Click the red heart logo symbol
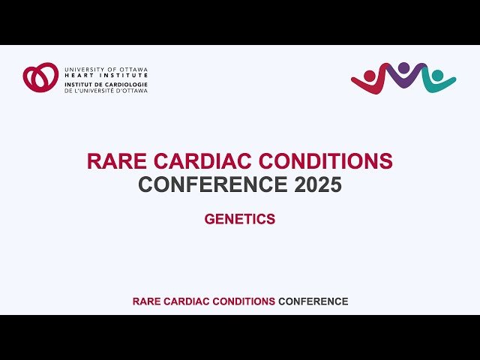pyautogui.click(x=40, y=77)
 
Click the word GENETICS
pyautogui.click(x=240, y=220)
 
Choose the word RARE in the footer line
pyautogui.click(x=146, y=301)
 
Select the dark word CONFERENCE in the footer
pyautogui.click(x=313, y=301)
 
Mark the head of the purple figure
pyautogui.click(x=404, y=67)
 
